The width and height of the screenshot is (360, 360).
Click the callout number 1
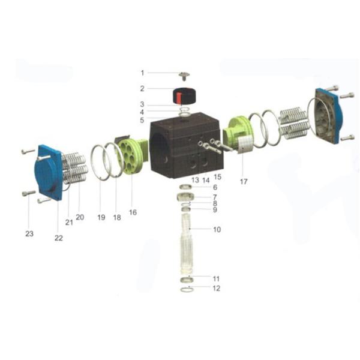(x=142, y=73)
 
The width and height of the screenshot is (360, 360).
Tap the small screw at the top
(x=184, y=76)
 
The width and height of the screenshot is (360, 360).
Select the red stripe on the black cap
(x=179, y=97)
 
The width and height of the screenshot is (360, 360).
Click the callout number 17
(x=244, y=182)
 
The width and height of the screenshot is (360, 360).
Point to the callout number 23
(x=29, y=234)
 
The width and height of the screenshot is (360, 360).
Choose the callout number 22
(x=59, y=238)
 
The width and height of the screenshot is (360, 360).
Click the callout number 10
(x=217, y=229)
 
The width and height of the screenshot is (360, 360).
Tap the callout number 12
(x=216, y=288)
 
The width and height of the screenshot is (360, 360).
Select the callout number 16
(x=133, y=212)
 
